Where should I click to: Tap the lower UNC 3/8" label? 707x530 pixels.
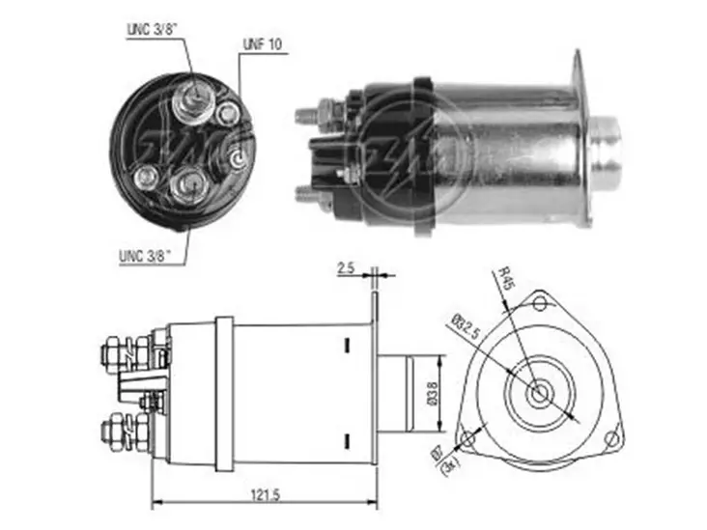click(145, 257)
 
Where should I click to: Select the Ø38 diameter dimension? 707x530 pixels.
click(433, 396)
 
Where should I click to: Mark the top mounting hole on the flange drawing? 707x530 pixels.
click(540, 304)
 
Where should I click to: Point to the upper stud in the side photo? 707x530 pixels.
click(307, 114)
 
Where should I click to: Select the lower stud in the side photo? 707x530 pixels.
click(307, 192)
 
